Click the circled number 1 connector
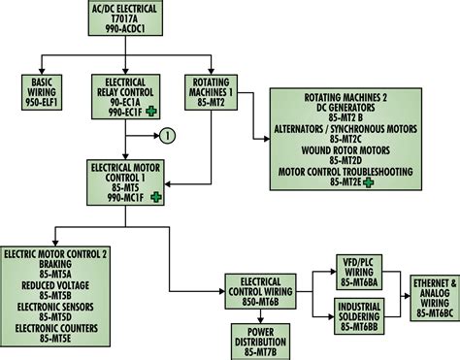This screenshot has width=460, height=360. (166, 134)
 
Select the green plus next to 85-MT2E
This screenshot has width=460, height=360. (369, 181)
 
